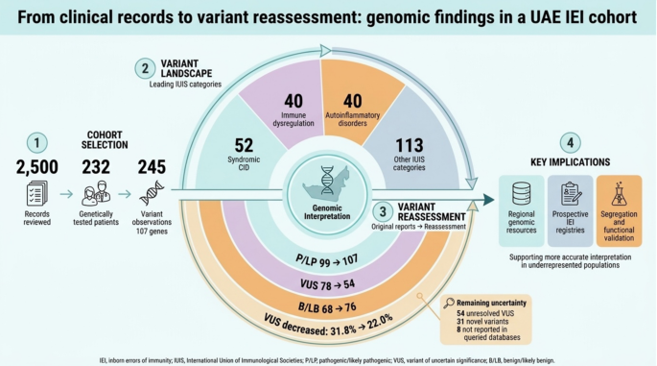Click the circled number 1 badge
tap(36, 143)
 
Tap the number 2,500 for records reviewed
tap(36, 167)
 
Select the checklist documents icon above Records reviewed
tap(36, 193)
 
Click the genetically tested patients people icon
tap(96, 193)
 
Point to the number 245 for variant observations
tap(152, 167)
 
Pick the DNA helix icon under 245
tap(152, 193)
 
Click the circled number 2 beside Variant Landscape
tap(145, 68)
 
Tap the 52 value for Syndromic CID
tap(244, 146)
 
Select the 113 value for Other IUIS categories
tap(410, 146)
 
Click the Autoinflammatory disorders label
tap(352, 119)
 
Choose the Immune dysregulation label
tap(293, 119)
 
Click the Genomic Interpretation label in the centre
tap(327, 212)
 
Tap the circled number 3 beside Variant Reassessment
tap(383, 212)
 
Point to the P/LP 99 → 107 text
tap(327, 260)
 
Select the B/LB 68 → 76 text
tap(327, 307)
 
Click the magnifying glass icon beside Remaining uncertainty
tap(449, 303)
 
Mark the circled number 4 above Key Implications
tap(571, 143)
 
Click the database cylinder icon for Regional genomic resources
tap(521, 193)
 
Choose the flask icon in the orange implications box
tap(619, 193)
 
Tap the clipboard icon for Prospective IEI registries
tap(571, 193)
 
